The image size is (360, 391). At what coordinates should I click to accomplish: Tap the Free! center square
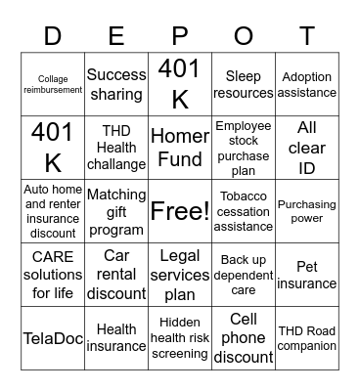pos(180,210)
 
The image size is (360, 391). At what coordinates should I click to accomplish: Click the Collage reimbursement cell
pos(53,84)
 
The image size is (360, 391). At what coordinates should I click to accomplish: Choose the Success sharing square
pos(116,84)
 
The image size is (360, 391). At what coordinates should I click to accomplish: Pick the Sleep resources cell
pos(244,84)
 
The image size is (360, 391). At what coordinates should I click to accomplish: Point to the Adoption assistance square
pos(307,84)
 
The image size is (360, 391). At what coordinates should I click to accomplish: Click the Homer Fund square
pos(180,147)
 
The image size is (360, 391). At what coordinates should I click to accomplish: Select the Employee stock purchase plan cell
pos(244,147)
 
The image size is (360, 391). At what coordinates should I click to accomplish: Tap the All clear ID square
pos(307,147)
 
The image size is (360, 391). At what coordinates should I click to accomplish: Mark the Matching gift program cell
pos(116,211)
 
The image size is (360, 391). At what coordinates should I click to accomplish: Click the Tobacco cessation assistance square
pos(244,211)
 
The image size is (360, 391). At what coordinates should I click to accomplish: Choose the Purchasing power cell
pos(307,211)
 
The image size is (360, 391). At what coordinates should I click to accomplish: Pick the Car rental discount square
pos(116,275)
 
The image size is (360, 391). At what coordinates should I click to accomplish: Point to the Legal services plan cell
pos(180,275)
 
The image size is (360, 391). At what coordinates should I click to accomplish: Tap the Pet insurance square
pos(307,275)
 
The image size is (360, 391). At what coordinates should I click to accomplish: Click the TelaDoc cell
pos(53,338)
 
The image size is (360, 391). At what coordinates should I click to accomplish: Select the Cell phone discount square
pos(244,338)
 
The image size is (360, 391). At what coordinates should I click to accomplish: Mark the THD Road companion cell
pos(307,338)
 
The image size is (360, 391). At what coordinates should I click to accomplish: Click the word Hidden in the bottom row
pos(180,322)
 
